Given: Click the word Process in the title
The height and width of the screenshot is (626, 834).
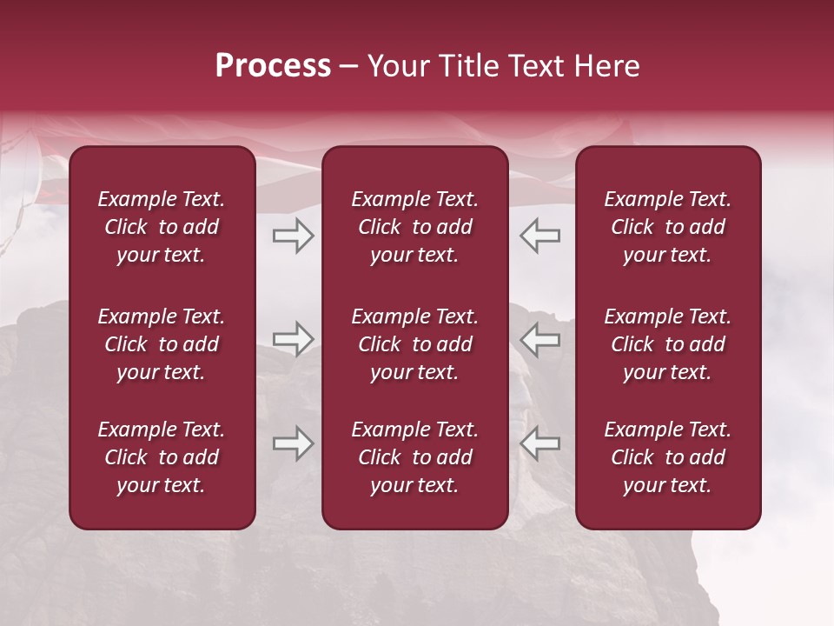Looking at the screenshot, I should [273, 66].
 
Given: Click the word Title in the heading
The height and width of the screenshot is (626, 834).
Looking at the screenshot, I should [466, 66].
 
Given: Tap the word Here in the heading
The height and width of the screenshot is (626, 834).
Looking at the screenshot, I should [606, 66].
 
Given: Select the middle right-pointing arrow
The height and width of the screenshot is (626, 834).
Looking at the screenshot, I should [293, 339].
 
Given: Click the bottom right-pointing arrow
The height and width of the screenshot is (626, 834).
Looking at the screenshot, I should [293, 443].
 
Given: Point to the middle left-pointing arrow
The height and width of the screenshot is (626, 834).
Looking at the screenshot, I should [540, 339].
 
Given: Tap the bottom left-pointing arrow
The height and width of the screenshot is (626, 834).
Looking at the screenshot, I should [540, 443].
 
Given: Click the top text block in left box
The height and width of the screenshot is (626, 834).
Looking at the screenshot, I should [162, 227].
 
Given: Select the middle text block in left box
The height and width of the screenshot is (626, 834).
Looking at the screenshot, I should [162, 344].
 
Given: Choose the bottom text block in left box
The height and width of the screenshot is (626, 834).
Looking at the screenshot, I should [162, 457].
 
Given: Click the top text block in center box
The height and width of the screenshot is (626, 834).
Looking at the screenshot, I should [414, 227].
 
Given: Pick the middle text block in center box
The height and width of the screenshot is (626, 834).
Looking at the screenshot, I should [414, 344].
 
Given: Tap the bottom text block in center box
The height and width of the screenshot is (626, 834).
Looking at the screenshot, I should [414, 457].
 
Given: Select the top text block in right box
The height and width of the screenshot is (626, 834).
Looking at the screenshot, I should [668, 227].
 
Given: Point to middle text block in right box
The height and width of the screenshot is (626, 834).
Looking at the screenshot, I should [668, 344].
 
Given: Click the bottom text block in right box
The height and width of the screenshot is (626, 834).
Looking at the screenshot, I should [668, 457].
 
